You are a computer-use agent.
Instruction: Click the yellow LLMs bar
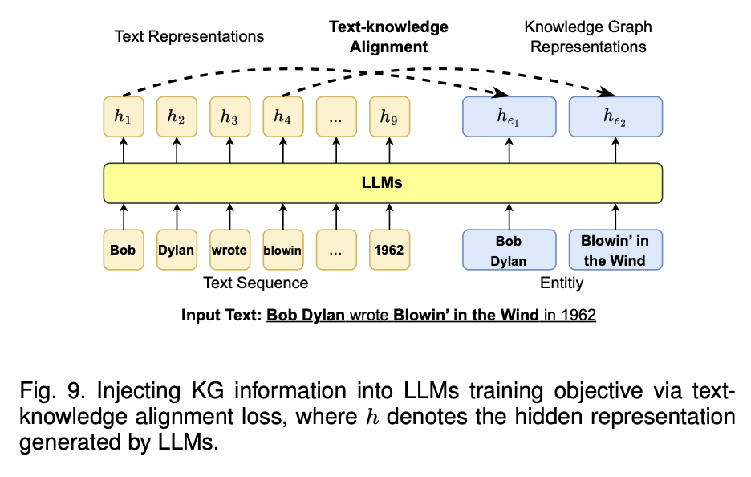(x=383, y=183)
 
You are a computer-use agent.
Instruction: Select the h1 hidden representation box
(x=123, y=116)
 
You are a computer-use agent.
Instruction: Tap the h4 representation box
(x=282, y=116)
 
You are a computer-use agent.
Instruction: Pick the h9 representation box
(x=388, y=116)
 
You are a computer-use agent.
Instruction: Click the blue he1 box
(x=509, y=116)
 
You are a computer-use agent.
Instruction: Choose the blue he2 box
(x=615, y=116)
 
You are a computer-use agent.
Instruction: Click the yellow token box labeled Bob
(x=123, y=250)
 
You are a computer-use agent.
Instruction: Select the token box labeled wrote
(x=229, y=250)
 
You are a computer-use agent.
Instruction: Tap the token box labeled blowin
(x=282, y=250)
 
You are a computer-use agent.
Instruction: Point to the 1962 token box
(x=388, y=250)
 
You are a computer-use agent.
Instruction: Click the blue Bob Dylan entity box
(x=509, y=250)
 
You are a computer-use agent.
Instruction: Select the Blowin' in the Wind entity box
(x=615, y=250)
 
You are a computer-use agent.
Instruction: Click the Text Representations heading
(x=189, y=36)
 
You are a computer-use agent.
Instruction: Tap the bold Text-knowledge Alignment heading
(x=389, y=37)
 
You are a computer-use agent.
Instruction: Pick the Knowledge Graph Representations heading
(x=588, y=37)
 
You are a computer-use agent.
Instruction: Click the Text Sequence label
(x=255, y=283)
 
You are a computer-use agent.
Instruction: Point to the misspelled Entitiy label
(x=562, y=283)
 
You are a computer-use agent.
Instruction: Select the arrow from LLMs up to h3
(x=229, y=149)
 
